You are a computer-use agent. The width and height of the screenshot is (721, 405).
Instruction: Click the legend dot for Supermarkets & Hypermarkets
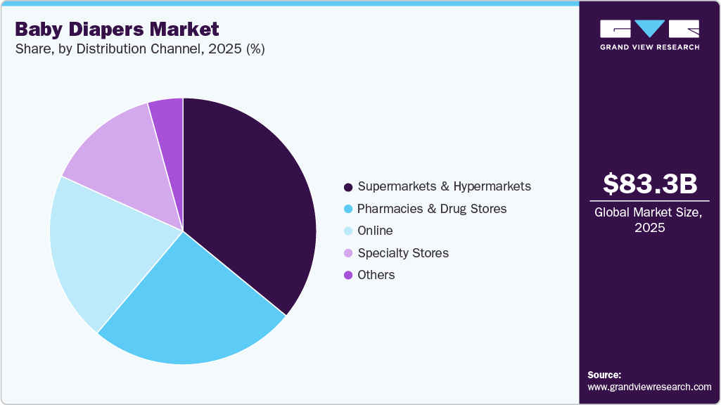(347, 187)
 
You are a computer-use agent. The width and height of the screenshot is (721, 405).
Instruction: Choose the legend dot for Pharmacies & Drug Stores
(347, 210)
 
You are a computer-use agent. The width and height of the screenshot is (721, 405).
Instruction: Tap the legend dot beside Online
(347, 231)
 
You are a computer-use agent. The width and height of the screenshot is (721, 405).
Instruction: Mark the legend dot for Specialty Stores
(347, 253)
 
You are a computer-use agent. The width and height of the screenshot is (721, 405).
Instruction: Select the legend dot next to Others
(347, 276)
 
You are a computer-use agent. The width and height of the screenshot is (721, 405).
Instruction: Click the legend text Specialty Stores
(402, 253)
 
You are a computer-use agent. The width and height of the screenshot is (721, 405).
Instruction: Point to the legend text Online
(375, 231)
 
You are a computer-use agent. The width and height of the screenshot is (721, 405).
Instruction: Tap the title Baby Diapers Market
(117, 30)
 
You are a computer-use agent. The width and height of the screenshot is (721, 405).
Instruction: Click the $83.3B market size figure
(650, 184)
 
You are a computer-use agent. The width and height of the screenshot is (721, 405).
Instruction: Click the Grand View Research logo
(650, 34)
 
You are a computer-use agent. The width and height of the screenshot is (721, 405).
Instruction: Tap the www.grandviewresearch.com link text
(649, 387)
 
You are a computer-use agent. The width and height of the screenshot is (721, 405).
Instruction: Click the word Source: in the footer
(604, 375)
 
